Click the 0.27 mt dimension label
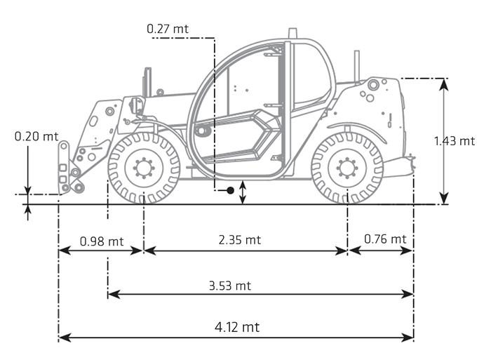[x=168, y=29]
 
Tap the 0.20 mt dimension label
[x=36, y=136]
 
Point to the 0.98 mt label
[x=101, y=241]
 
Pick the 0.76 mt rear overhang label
[x=385, y=239]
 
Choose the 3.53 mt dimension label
[x=229, y=286]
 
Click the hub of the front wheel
[x=144, y=168]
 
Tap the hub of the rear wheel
[x=347, y=168]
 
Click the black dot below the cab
[x=230, y=190]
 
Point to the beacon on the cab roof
[x=292, y=33]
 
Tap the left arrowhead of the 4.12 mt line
[x=63, y=338]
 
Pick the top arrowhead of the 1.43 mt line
[x=443, y=83]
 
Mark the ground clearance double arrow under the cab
[x=243, y=192]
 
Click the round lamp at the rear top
[x=373, y=84]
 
